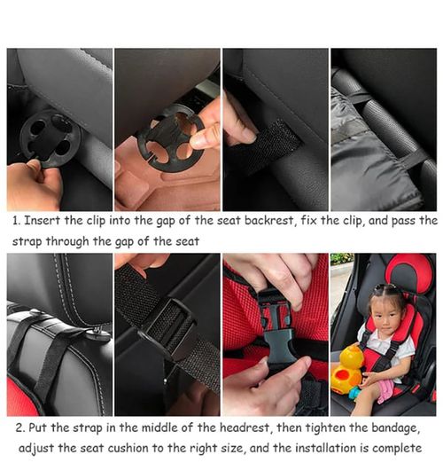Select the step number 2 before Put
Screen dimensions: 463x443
[17, 428]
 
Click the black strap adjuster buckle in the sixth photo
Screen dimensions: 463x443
[168, 328]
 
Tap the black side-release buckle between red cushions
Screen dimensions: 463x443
[276, 328]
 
